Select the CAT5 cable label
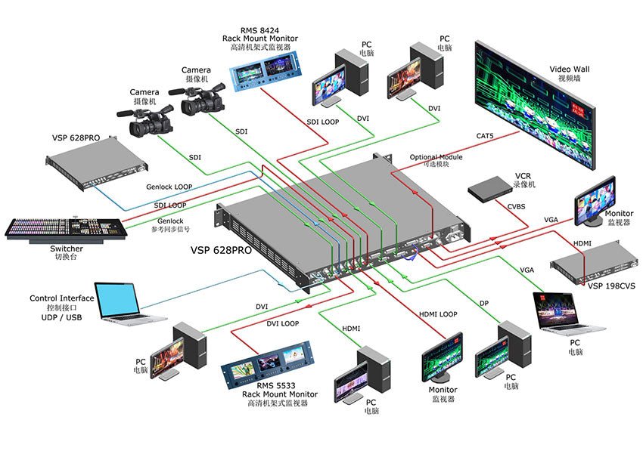tap(486, 136)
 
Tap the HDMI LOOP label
tap(438, 313)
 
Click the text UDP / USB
tap(55, 317)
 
